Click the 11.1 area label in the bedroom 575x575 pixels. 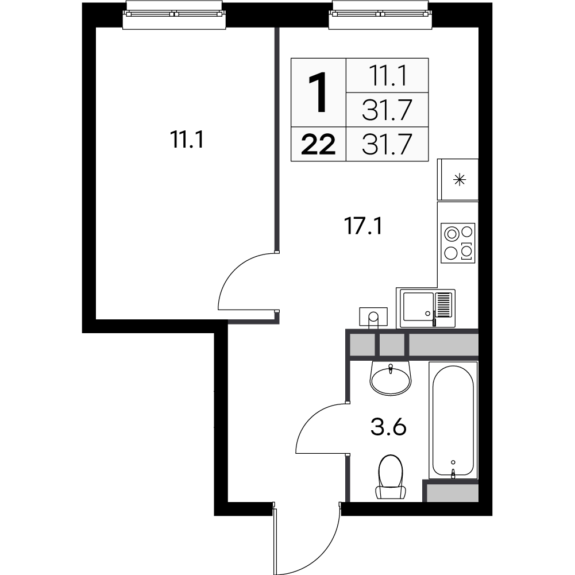pos(187,140)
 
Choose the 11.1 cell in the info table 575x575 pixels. pos(387,75)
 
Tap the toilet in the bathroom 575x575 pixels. pos(391,477)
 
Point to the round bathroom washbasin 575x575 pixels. pos(391,377)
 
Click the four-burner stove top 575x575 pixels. pos(458,242)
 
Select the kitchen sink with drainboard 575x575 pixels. pos(428,308)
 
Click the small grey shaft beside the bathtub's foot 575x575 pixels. pos(451,492)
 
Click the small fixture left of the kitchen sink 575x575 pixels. pos(373,317)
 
